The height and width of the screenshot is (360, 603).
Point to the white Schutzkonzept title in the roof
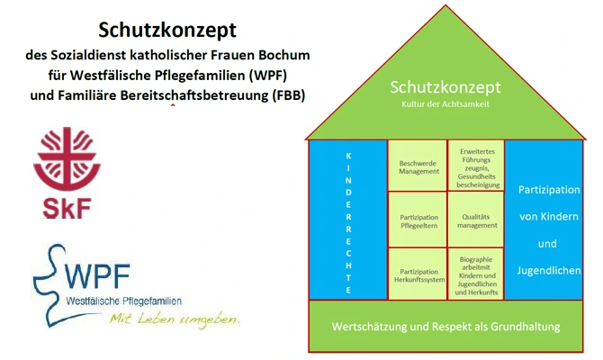pyautogui.click(x=445, y=88)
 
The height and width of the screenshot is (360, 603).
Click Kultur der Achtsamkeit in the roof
pyautogui.click(x=445, y=105)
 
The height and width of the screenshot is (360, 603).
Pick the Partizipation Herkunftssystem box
pyautogui.click(x=418, y=275)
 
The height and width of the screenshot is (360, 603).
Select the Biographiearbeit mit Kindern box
pyautogui.click(x=475, y=274)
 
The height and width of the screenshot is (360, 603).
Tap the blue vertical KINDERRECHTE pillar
pyautogui.click(x=348, y=220)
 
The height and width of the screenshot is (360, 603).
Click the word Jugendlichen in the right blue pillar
pyautogui.click(x=548, y=270)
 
